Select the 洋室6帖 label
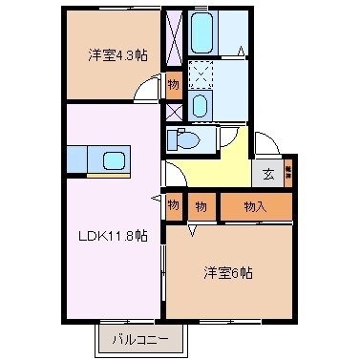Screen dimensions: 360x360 pyautogui.click(x=227, y=272)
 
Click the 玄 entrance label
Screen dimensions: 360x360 pyautogui.click(x=267, y=175)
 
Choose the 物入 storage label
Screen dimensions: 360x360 pyautogui.click(x=255, y=204)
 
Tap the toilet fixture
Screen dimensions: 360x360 pyautogui.click(x=184, y=140)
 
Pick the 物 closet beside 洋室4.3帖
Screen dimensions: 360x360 pyautogui.click(x=173, y=84)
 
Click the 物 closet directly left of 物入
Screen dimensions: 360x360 pyautogui.click(x=201, y=204)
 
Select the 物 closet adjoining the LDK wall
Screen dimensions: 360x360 pyautogui.click(x=173, y=204)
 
